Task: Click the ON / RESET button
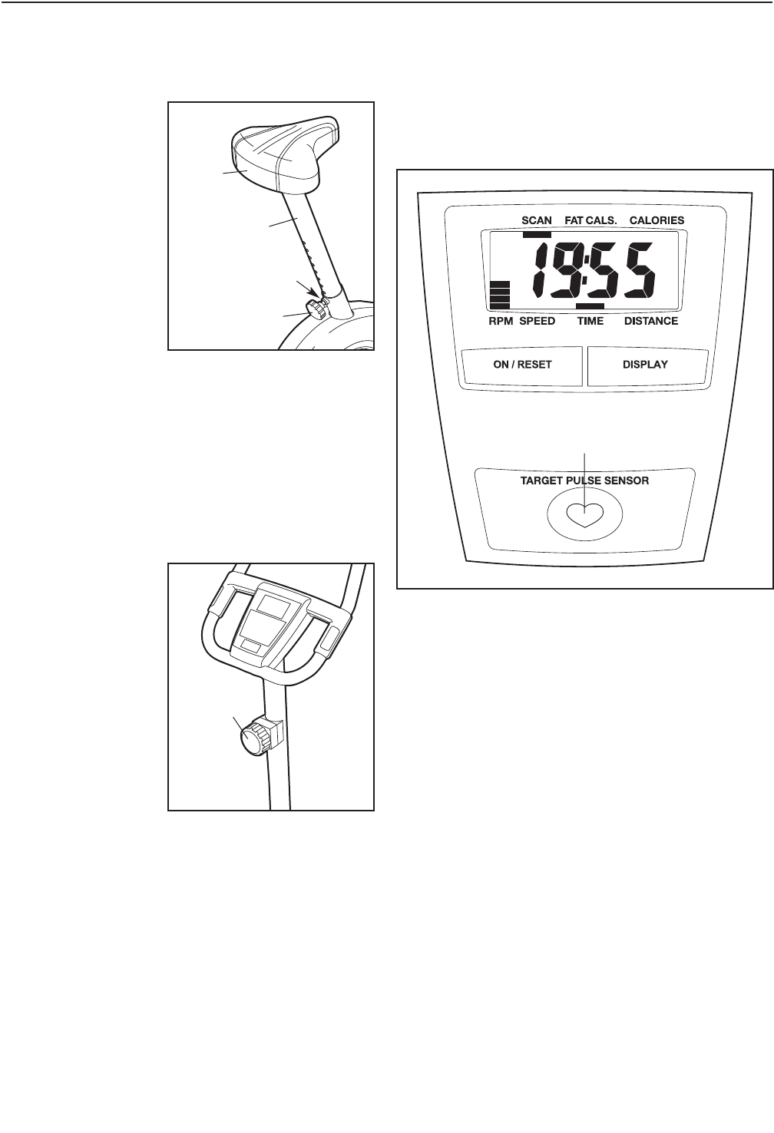click(522, 365)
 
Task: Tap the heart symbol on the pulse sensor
click(585, 513)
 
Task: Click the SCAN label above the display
click(537, 220)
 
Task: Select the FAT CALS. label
click(590, 220)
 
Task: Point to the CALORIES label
click(657, 220)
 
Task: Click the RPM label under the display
click(501, 321)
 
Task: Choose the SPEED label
click(537, 321)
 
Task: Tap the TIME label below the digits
click(590, 321)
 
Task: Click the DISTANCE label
click(650, 321)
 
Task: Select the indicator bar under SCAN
click(537, 235)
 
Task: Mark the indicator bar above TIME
click(590, 306)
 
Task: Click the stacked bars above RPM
click(500, 295)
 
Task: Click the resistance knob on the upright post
click(254, 739)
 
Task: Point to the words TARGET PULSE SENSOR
click(585, 481)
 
